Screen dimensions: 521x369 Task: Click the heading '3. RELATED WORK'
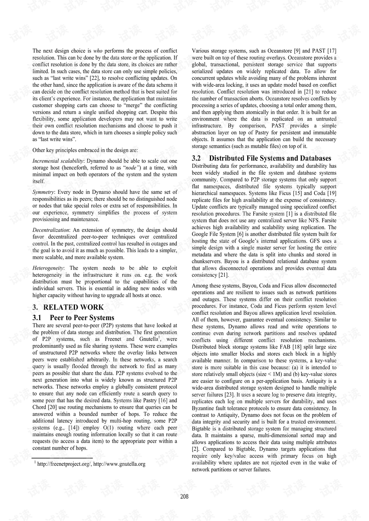pos(68,307)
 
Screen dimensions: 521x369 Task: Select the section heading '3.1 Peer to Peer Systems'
pos(73,318)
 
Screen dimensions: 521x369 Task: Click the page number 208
pos(184,496)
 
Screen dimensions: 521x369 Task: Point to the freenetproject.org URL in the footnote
pos(64,464)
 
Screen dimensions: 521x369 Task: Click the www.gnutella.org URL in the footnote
pos(119,464)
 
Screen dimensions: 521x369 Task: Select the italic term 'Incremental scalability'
pos(58,161)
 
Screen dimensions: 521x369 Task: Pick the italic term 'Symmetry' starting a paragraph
pos(43,192)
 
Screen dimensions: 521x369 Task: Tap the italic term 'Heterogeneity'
pos(48,268)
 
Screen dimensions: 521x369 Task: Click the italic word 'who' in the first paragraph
pos(98,51)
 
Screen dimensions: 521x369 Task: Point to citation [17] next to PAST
pos(331,51)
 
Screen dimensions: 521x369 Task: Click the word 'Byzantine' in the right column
pos(203,408)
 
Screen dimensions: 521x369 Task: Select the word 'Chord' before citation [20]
pos(40,407)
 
